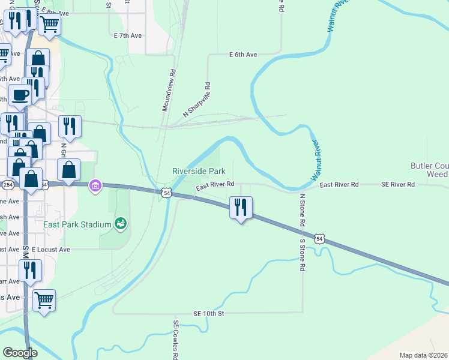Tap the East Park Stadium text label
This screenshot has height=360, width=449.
click(x=77, y=224)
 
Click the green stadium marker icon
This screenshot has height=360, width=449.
click(x=121, y=224)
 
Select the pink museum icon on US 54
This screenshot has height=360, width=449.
click(x=95, y=185)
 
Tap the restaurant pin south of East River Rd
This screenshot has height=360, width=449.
click(x=241, y=208)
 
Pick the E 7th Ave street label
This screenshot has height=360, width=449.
click(x=127, y=36)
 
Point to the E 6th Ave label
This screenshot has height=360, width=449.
click(x=243, y=55)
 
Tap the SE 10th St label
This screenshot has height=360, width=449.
click(x=208, y=314)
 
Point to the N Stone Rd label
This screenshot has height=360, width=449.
click(x=303, y=209)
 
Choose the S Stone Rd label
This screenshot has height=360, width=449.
click(x=303, y=255)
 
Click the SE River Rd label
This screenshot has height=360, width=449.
click(x=398, y=185)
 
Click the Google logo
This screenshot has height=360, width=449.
click(x=20, y=353)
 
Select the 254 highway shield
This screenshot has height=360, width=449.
click(x=8, y=184)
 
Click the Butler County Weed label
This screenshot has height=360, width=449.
click(x=429, y=170)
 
